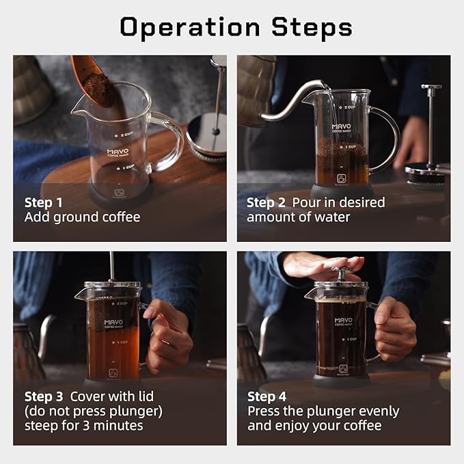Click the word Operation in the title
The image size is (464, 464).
190,27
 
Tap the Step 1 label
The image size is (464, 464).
44,203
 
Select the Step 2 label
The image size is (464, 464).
266,203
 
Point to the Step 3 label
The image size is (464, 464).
44,397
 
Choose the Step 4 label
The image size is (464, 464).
267,397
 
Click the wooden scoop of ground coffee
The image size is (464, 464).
93,81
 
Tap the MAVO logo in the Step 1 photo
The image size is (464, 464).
118,152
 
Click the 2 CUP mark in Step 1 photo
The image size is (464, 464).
124,135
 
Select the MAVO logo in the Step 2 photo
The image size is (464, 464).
342,128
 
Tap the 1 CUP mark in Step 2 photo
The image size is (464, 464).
348,147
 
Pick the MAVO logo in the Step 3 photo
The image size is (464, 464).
113,323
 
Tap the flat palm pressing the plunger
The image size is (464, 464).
323,265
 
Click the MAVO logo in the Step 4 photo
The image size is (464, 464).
343,321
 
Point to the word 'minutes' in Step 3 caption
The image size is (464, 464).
118,426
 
